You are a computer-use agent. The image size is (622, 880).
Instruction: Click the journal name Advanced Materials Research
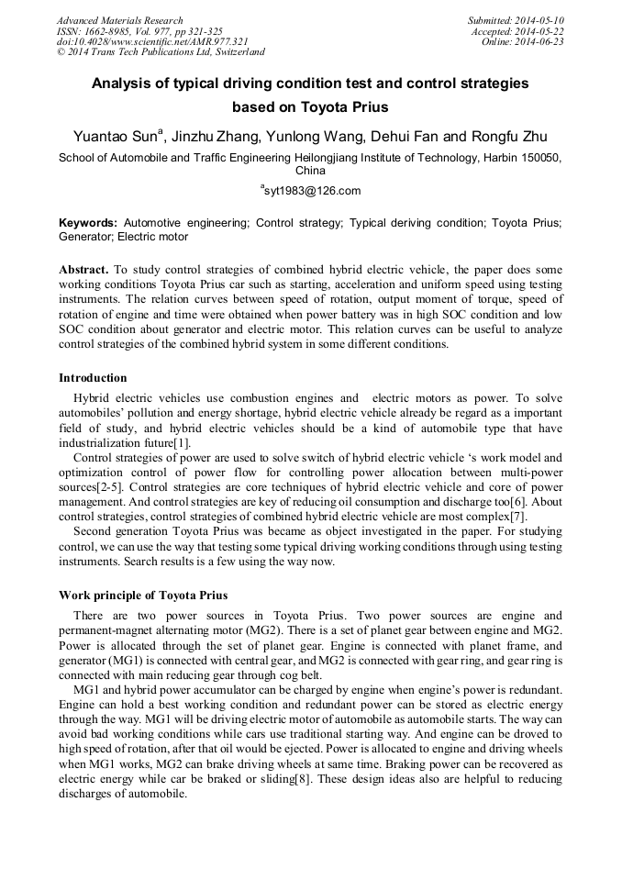tap(119, 20)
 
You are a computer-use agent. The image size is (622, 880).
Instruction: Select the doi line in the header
tap(152, 41)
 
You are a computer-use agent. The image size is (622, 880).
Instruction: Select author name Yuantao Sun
tap(115, 137)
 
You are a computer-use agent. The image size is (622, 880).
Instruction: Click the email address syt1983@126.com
tap(312, 191)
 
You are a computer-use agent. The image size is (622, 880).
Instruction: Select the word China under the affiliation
tap(310, 170)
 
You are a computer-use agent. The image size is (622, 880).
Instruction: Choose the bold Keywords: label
tap(88, 223)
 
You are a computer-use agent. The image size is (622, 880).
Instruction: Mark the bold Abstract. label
tap(83, 271)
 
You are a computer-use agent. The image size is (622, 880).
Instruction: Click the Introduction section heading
tap(93, 378)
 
